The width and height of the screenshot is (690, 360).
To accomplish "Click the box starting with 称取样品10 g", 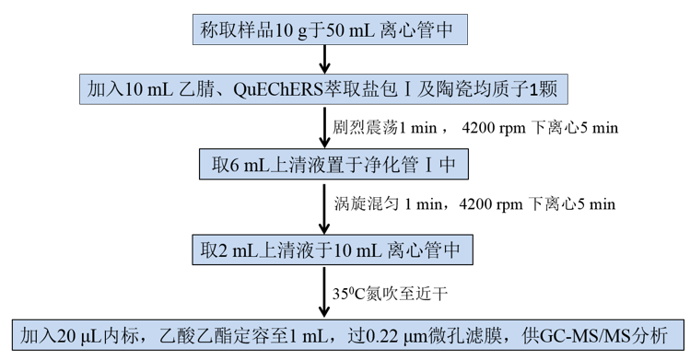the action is (330, 29).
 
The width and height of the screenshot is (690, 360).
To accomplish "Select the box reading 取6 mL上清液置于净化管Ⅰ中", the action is (333, 164).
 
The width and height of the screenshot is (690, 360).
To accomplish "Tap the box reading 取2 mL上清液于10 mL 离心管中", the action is (333, 250).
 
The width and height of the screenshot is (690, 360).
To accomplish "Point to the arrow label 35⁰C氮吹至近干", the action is (390, 293).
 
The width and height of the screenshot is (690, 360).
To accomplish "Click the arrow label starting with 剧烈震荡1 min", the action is (475, 127).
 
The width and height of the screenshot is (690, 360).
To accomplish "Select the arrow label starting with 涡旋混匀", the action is (474, 204).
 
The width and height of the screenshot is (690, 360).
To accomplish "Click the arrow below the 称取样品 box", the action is (324, 59).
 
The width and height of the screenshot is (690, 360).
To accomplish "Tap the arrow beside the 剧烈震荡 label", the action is (324, 126).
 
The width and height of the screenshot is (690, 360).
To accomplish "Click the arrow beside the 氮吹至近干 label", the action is (324, 292).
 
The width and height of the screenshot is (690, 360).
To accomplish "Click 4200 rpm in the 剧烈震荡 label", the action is (494, 128).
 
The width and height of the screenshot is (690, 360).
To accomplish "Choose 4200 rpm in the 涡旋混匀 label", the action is (491, 204).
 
